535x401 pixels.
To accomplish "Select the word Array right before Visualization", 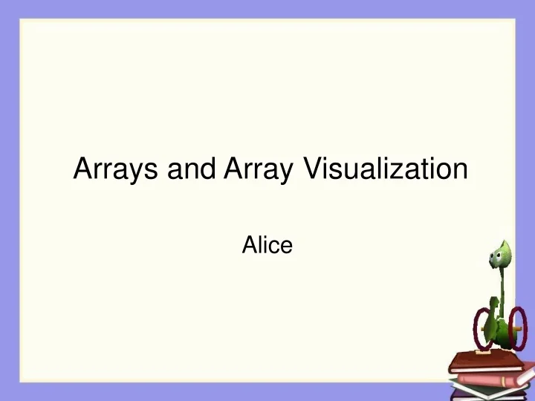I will click(x=256, y=171).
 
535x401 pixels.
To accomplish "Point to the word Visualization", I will click(x=386, y=169).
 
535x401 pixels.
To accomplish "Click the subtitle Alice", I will click(x=267, y=244).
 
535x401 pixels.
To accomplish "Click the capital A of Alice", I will click(x=250, y=244).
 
